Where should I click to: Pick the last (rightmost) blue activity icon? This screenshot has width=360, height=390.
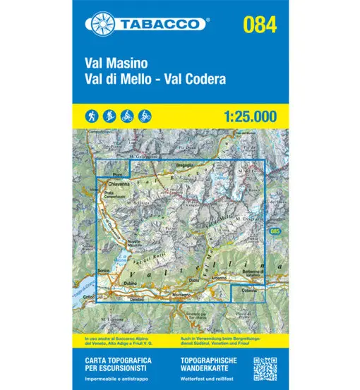[145, 114]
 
